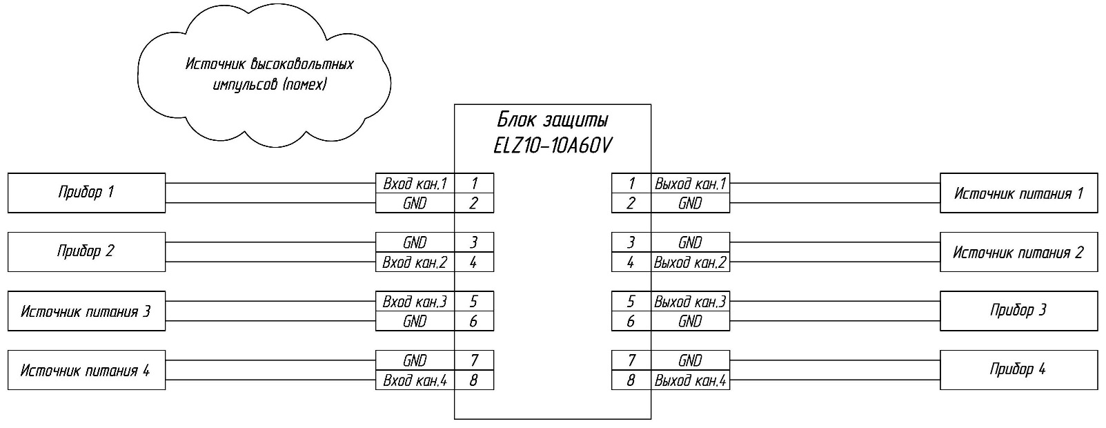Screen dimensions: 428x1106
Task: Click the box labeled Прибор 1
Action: coord(86,193)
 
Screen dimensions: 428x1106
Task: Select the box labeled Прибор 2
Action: coord(86,251)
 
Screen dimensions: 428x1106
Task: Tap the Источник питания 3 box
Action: coord(86,311)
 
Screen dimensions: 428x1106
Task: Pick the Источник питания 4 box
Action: coord(86,371)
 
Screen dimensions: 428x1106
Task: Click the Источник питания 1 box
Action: coord(1018,193)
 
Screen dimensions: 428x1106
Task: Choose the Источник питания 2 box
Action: coord(1018,252)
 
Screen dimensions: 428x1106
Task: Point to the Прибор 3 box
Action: coord(1018,311)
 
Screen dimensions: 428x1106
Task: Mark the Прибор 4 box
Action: coord(1018,369)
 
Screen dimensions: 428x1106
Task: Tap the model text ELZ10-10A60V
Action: coord(552,147)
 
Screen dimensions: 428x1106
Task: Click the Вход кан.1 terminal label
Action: coord(415,184)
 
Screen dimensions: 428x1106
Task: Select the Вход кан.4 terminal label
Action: coord(415,380)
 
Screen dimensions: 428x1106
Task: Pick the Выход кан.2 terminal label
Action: coord(690,262)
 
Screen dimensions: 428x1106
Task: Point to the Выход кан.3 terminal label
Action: coord(690,302)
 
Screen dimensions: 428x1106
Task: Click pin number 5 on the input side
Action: coord(473,302)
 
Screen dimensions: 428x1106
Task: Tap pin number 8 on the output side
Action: coord(631,380)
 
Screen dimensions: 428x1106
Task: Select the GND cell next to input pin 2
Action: coord(415,204)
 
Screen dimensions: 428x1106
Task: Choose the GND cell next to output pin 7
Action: coord(690,360)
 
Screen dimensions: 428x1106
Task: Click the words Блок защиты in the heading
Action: coord(552,121)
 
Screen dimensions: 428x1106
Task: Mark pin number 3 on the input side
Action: coord(473,242)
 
